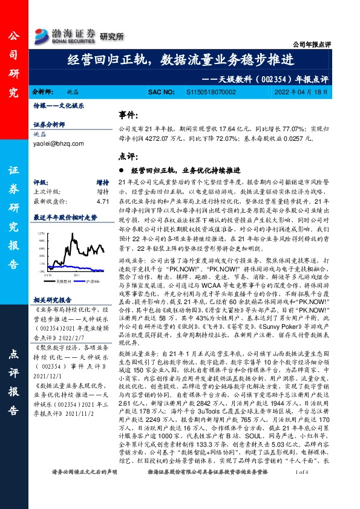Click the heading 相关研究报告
click(x=54, y=300)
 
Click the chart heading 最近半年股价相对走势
click(x=65, y=216)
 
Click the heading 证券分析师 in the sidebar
click(x=49, y=125)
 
